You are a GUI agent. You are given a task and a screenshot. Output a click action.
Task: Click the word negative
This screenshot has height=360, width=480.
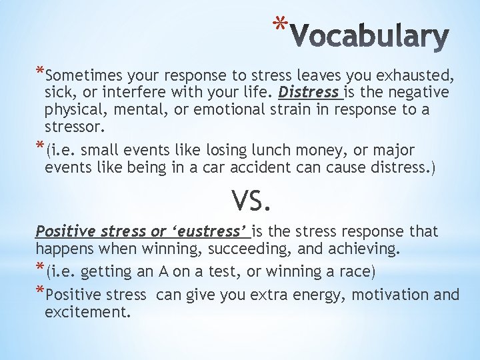[x=415, y=91]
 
